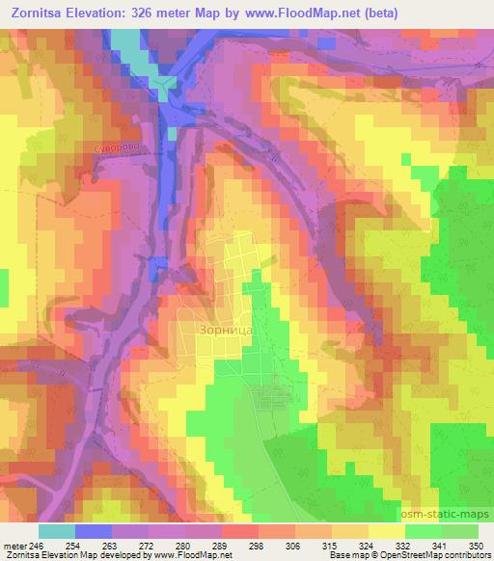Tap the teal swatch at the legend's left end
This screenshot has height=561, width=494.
click(57, 531)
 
